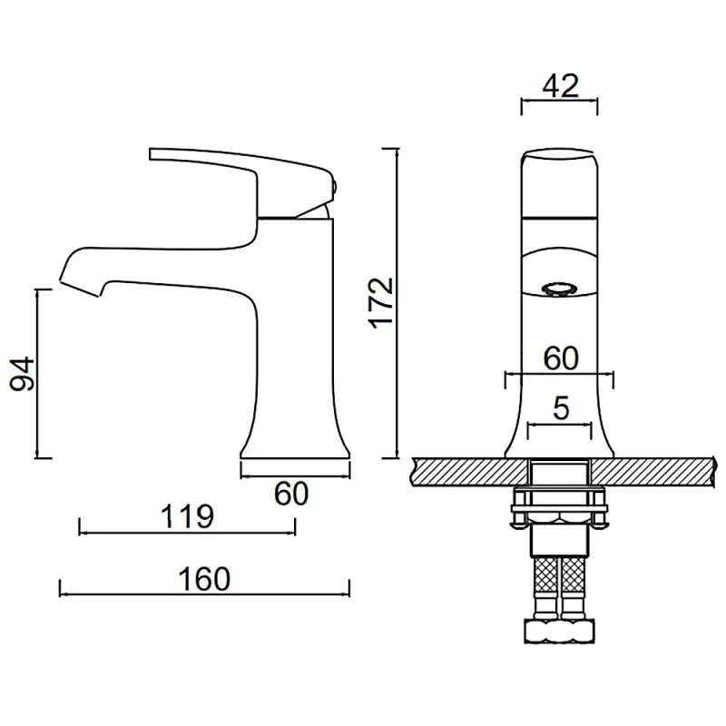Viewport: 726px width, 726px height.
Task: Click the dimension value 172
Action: pos(382,303)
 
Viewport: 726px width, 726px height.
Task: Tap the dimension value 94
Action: pos(23,374)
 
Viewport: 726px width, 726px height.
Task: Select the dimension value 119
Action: pos(187,516)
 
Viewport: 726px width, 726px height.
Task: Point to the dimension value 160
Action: pos(204,579)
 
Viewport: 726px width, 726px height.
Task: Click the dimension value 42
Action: pos(560,85)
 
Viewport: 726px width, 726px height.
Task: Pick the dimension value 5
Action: pos(561,407)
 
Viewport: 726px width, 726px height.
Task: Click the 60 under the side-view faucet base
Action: pos(291,494)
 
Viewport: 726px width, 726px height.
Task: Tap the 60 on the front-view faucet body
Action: pos(561,358)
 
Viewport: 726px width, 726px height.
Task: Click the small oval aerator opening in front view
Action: pos(559,289)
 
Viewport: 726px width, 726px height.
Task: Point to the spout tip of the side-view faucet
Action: pos(79,287)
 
